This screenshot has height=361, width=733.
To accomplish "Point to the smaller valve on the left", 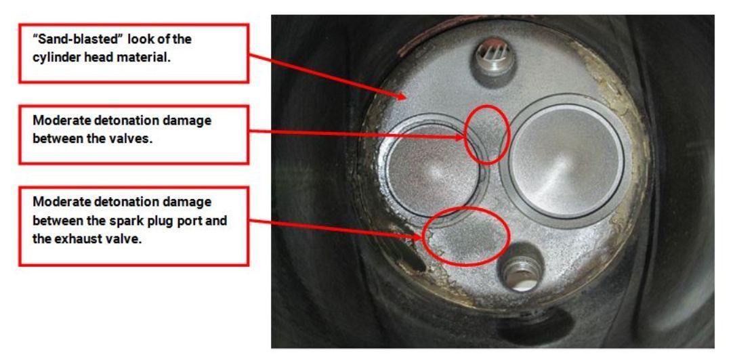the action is tap(433, 164).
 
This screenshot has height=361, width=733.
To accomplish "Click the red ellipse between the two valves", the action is tap(465, 135).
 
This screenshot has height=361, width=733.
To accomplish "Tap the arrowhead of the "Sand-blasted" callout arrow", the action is tap(402, 96).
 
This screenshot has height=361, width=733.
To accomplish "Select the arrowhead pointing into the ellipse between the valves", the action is tap(461, 138).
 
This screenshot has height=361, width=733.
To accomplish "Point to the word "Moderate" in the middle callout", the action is tap(55, 120).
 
